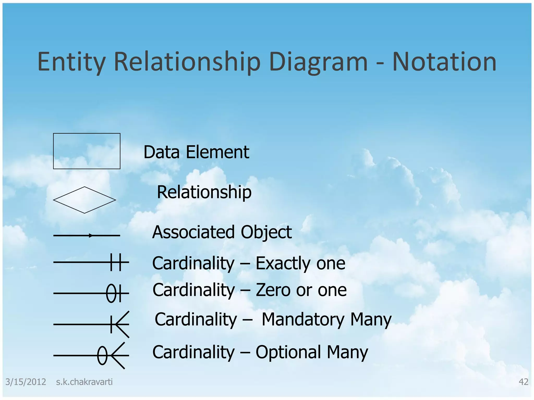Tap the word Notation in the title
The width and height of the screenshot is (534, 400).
pyautogui.click(x=444, y=62)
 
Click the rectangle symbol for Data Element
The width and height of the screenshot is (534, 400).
pyautogui.click(x=87, y=151)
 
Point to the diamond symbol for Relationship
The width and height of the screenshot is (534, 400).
pyautogui.click(x=84, y=200)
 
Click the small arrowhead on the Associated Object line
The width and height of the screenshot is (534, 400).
pyautogui.click(x=90, y=236)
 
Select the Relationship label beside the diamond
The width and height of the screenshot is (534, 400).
pyautogui.click(x=204, y=192)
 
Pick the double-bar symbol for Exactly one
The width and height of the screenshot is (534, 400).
pyautogui.click(x=116, y=262)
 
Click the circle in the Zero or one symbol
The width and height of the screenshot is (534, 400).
pyautogui.click(x=111, y=293)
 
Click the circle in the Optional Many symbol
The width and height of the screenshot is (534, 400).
pyautogui.click(x=102, y=355)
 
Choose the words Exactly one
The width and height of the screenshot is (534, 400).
pyautogui.click(x=300, y=263)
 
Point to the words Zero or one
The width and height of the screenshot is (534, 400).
pyautogui.click(x=301, y=290)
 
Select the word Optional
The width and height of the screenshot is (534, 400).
pyautogui.click(x=288, y=352)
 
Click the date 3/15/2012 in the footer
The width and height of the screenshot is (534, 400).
pyautogui.click(x=26, y=382)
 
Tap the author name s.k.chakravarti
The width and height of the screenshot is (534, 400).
pyautogui.click(x=84, y=382)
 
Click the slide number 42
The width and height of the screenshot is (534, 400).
pyautogui.click(x=523, y=382)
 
